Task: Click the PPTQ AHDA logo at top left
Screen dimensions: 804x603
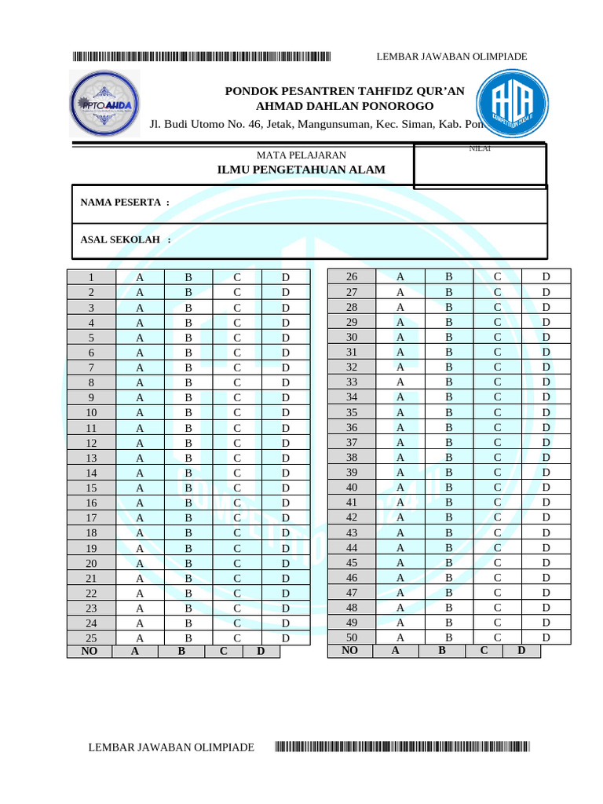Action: coord(105,104)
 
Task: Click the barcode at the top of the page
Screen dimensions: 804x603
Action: coord(202,57)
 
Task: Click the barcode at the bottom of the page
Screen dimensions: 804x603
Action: coord(402,747)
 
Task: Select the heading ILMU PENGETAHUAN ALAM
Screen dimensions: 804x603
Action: coord(301,170)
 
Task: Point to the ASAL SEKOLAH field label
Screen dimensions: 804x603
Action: coord(126,239)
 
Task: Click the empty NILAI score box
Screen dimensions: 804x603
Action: coord(480,168)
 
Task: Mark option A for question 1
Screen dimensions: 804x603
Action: coord(140,277)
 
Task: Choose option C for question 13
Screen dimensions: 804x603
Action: coord(236,458)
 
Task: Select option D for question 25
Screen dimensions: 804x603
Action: coord(286,638)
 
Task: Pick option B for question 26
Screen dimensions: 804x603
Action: coord(449,276)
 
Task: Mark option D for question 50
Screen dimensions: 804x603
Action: coord(546,637)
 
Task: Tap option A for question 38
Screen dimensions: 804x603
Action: coord(400,457)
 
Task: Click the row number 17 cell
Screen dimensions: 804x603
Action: coord(91,517)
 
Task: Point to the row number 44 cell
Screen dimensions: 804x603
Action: coord(352,547)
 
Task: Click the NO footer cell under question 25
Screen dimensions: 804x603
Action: coord(90,651)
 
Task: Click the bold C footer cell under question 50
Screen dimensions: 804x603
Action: coord(484,650)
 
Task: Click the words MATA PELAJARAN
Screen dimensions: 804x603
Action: coord(301,155)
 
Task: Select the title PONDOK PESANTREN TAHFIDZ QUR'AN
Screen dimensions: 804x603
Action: coord(345,91)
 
